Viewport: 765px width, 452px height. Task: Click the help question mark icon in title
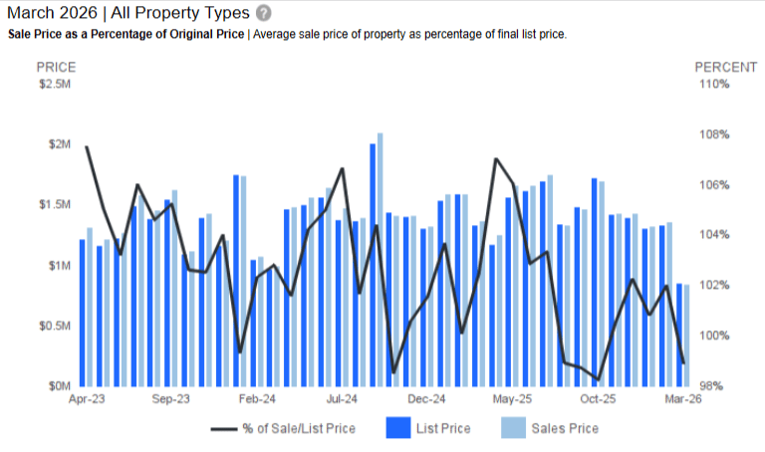pos(263,13)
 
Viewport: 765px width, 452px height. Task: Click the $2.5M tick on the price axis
pos(55,85)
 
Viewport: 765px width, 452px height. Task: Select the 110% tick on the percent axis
pos(712,85)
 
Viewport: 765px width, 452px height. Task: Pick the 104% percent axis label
pos(712,235)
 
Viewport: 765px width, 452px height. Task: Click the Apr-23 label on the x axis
pos(87,399)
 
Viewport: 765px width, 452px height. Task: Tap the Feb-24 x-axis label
pos(257,399)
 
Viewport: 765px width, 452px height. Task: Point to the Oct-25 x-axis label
pos(598,399)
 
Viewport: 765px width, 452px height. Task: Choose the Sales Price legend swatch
pos(512,428)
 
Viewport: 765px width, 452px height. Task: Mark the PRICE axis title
pos(56,67)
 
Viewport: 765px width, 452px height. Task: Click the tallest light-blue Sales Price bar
pos(381,259)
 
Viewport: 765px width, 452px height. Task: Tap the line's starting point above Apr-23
pos(87,147)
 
